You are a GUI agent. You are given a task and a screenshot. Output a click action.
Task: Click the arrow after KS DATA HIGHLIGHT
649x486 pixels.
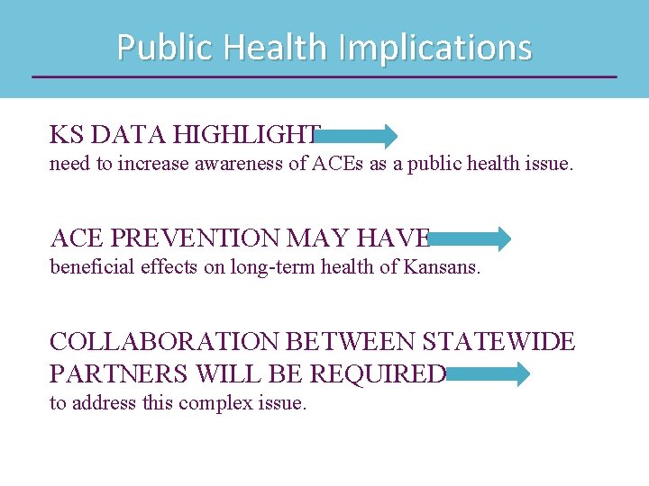tap(357, 136)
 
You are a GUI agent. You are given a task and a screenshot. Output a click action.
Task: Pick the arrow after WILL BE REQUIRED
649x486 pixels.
tap(488, 374)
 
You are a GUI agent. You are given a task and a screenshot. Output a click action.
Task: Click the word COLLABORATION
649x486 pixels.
tap(165, 343)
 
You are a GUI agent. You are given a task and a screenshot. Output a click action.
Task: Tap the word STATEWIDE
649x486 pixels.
tap(498, 343)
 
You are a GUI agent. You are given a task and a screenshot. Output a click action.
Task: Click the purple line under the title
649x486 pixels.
tap(324, 76)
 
